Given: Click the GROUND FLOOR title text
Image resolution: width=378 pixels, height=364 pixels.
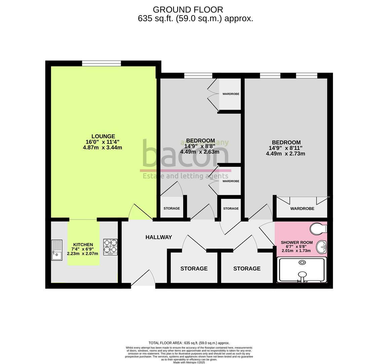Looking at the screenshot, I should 188,10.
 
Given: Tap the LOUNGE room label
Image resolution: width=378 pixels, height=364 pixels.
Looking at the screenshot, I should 103,136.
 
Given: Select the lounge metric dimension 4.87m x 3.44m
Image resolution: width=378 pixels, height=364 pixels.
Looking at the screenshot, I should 102,148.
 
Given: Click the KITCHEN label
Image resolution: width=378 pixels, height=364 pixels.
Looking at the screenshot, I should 83,245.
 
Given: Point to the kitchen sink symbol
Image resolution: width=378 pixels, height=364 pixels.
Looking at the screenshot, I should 57,250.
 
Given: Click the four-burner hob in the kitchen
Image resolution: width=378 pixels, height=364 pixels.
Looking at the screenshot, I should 110,247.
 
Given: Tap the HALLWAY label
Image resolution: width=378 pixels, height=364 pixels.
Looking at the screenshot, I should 158,237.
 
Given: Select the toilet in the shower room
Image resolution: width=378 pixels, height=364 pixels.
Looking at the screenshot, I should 317,229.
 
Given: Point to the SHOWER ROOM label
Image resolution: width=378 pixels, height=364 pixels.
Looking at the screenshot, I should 297,242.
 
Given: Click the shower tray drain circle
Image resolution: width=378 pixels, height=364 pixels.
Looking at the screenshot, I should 302,262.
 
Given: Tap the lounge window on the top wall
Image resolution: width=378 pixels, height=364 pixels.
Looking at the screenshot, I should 101,63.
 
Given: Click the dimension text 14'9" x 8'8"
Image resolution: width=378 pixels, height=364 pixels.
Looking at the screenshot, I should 200,146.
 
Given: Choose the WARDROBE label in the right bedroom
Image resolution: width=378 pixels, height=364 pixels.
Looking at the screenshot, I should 302,209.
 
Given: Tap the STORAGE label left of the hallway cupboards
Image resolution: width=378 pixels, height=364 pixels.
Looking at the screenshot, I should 194,269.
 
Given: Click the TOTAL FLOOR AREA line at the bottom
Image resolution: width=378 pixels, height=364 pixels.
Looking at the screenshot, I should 189,343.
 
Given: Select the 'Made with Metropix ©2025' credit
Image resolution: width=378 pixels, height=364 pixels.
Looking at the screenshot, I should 189,362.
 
